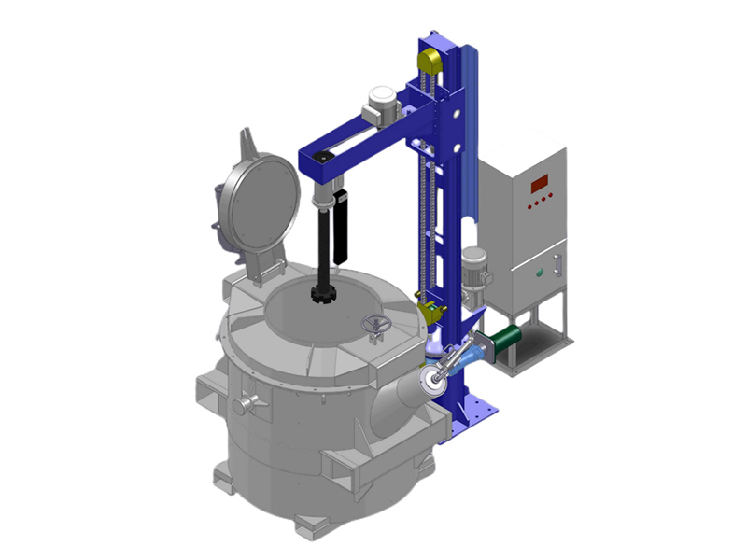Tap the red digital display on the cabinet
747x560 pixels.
[x=540, y=183]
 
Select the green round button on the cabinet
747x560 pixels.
[x=539, y=273]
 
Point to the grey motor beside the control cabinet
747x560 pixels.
[x=474, y=268]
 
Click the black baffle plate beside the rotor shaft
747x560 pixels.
[x=342, y=223]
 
